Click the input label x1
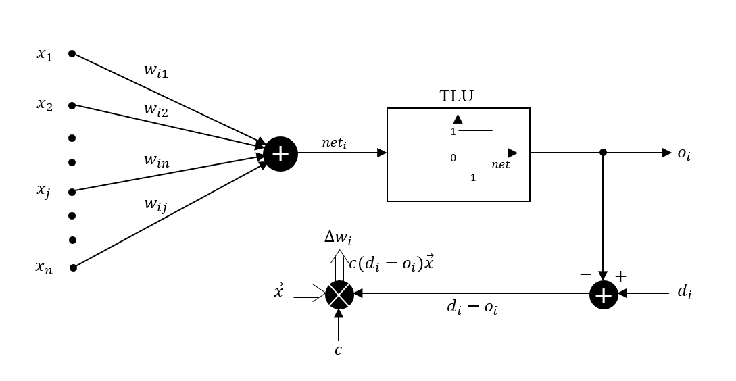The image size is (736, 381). (x=45, y=54)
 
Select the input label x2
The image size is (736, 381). (x=45, y=105)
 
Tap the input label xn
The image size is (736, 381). (x=44, y=267)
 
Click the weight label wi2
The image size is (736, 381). (x=155, y=110)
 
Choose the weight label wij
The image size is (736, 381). (x=155, y=203)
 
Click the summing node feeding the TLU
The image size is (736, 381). (x=280, y=153)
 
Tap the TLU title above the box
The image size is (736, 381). (x=457, y=96)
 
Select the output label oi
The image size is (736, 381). (x=684, y=154)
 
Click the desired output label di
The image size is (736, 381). (x=684, y=292)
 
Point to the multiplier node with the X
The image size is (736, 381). (x=339, y=294)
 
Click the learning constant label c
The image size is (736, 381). (x=339, y=350)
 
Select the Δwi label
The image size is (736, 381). (x=338, y=237)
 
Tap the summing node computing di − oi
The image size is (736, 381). (x=604, y=295)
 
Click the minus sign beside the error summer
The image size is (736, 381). (x=585, y=275)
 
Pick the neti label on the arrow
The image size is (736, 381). (x=334, y=143)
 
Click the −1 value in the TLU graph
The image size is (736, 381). (x=469, y=178)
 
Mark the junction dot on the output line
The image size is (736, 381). (x=604, y=153)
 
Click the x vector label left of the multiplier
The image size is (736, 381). (x=278, y=292)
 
